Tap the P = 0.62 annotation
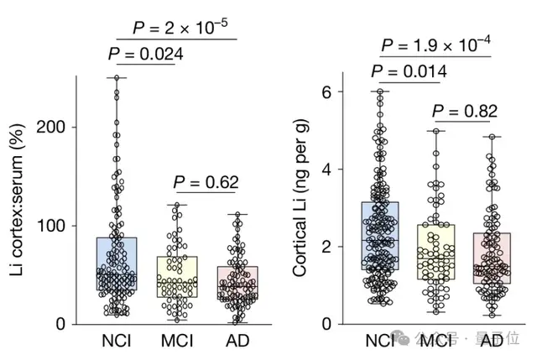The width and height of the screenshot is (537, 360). [206, 182]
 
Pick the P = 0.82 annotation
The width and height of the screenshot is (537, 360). [465, 111]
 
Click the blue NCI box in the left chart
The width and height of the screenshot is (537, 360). [117, 263]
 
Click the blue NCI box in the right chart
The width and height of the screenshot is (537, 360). [380, 236]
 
